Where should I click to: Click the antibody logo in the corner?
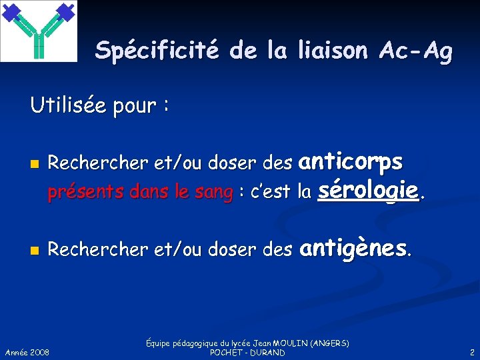tap(39, 31)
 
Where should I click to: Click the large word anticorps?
tap(351, 161)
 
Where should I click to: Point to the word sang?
tap(214, 193)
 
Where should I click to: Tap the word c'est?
tap(270, 193)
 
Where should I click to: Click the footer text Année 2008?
tap(27, 351)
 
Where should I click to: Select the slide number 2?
tap(472, 351)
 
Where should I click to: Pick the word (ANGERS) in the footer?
tap(329, 343)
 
